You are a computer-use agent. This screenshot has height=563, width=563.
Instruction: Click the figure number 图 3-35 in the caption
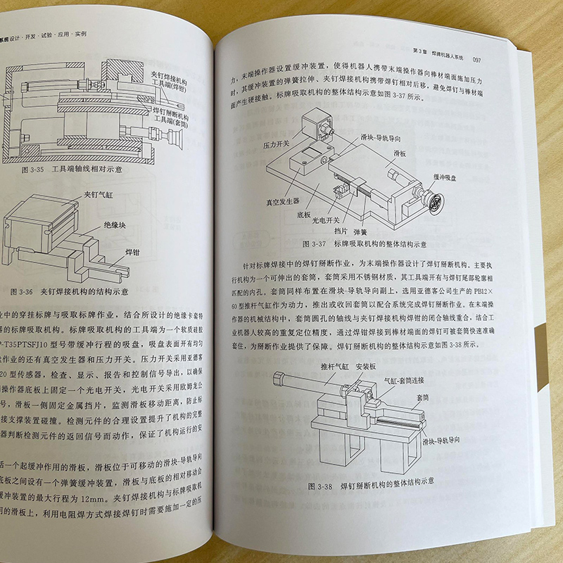point(37,169)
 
